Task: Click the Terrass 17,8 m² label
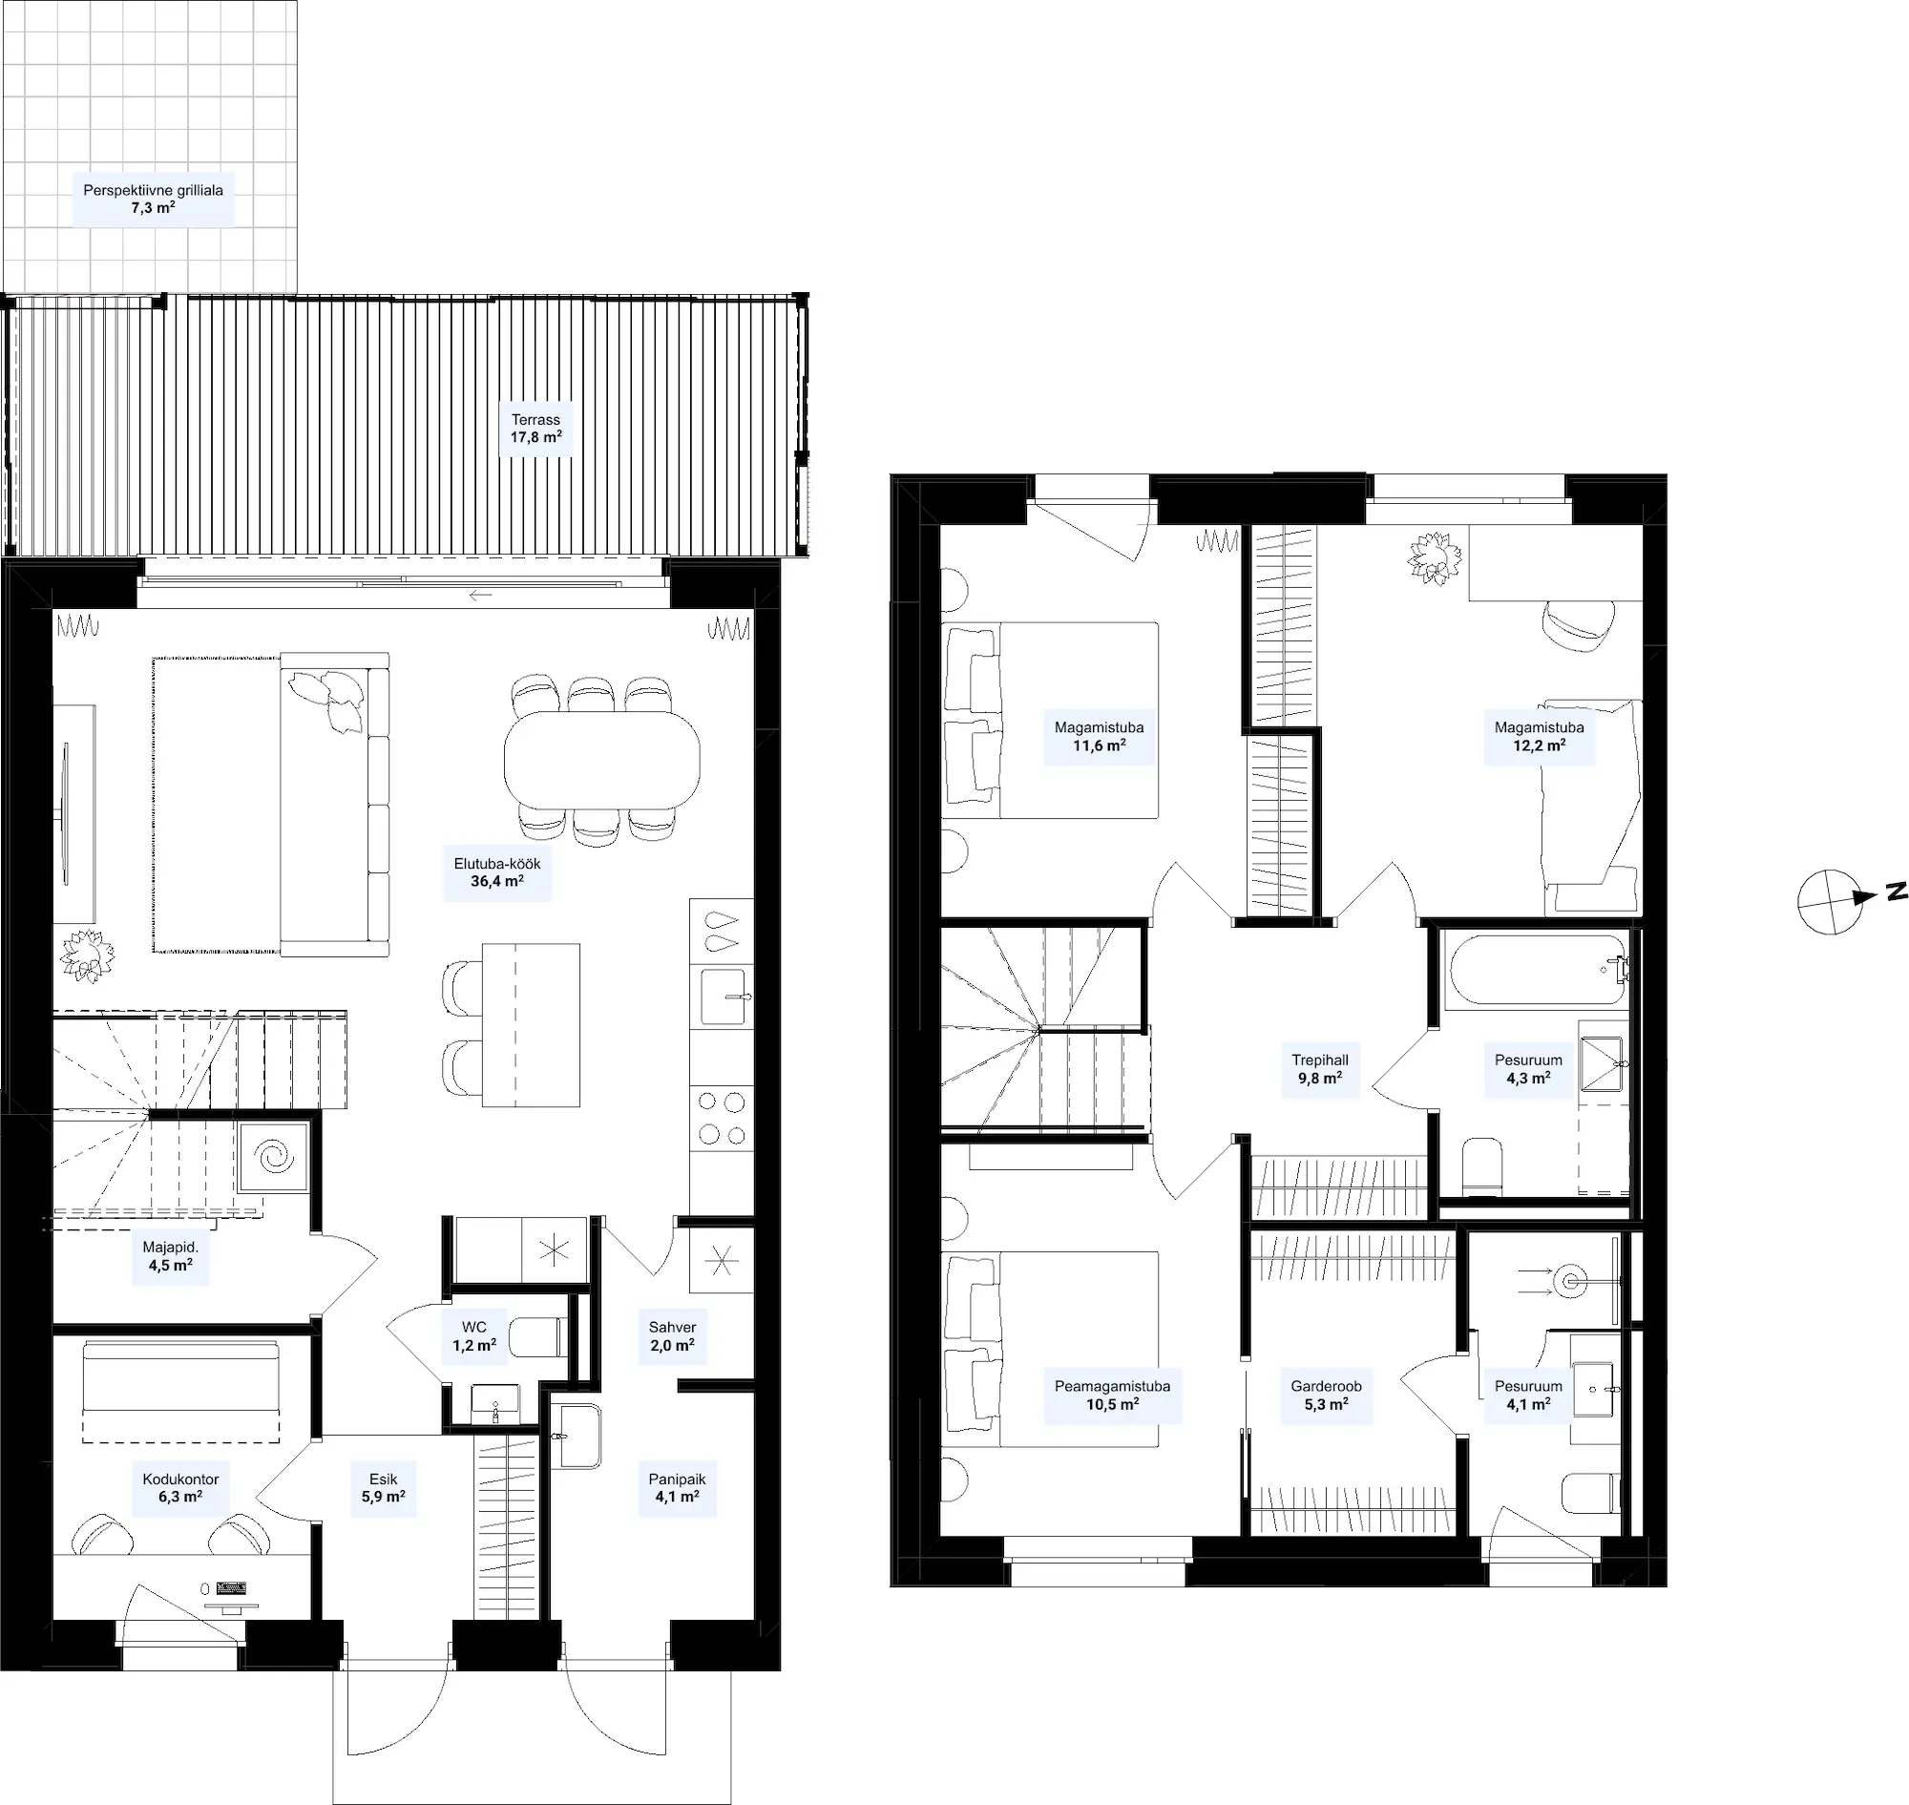[535, 429]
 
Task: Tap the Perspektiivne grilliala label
[153, 191]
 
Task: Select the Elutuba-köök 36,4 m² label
[496, 872]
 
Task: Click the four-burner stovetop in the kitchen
[722, 1118]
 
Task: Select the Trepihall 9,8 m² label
[1319, 1069]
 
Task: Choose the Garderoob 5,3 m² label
[1326, 1396]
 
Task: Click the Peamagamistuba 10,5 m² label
[1112, 1396]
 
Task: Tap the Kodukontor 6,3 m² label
[180, 1488]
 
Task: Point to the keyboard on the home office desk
[232, 1587]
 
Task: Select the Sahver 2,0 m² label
[672, 1336]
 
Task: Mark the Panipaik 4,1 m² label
[678, 1488]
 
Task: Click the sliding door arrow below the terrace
[481, 595]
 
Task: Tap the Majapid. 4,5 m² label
[170, 1256]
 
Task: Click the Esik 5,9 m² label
[383, 1488]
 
